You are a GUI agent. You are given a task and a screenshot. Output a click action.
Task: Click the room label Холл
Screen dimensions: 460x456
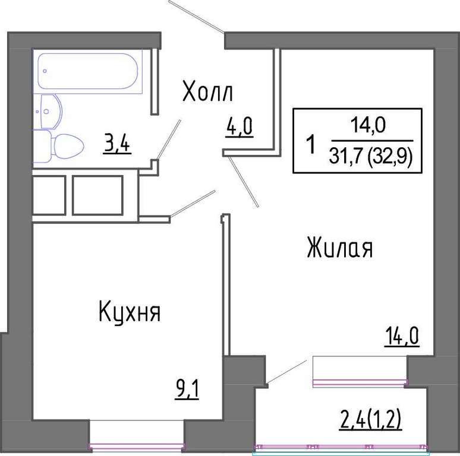pos(207,91)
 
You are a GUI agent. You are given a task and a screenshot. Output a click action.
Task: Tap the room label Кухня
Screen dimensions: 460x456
pos(130,312)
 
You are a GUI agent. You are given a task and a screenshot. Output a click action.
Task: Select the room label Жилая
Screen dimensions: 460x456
pos(340,248)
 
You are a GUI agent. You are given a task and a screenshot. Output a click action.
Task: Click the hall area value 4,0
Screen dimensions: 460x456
pos(240,128)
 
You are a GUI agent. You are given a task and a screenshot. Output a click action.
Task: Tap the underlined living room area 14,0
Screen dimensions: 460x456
pos(402,337)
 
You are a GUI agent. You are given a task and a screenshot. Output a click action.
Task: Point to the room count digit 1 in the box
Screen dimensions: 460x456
pos(311,144)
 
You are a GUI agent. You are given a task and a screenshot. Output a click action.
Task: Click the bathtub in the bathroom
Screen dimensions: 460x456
pos(88,71)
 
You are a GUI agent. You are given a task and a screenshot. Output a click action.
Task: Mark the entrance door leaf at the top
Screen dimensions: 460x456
pos(196,17)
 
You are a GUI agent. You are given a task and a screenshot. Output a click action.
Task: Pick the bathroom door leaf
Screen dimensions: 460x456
pos(169,140)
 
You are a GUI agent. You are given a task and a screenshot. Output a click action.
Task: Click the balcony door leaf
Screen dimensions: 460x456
pos(286,372)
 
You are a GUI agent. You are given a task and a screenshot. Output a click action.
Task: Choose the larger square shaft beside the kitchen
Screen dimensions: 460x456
pos(97,195)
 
